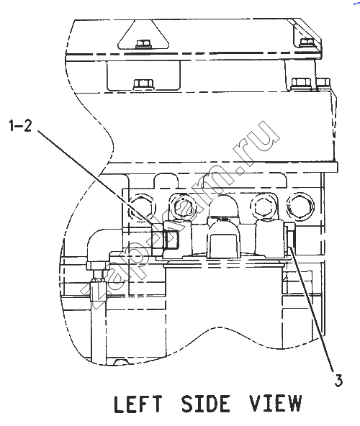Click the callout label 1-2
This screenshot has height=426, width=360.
point(20,126)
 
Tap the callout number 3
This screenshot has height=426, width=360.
point(338,381)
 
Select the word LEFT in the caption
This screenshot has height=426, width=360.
point(138,404)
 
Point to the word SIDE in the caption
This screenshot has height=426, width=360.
point(205,404)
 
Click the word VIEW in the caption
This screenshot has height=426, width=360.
point(276,404)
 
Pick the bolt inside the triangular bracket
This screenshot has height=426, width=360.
point(143,44)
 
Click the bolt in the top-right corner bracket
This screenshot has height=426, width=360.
point(307,42)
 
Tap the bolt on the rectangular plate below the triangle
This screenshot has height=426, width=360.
point(143,83)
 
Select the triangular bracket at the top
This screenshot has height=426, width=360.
point(143,35)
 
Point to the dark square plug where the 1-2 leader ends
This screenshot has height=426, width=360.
point(171,238)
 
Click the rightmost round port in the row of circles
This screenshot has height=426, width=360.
point(300,206)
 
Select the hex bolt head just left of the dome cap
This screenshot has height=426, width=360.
point(183,209)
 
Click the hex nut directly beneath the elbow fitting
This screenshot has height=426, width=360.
point(95,265)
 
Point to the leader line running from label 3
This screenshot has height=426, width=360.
point(312,309)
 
